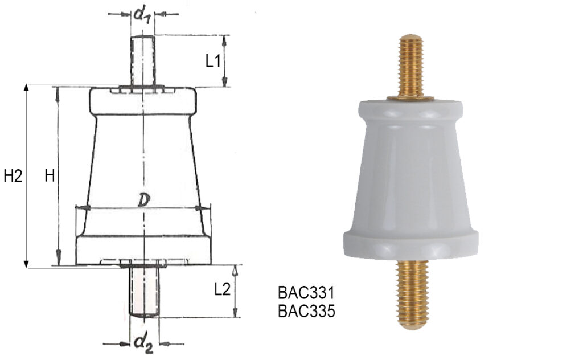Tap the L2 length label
tap(222, 289)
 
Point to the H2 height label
tap(13, 177)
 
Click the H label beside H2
tap(50, 177)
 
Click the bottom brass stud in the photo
tap(410, 291)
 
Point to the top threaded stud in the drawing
tap(142, 60)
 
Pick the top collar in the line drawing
tap(143, 101)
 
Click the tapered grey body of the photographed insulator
tap(410, 177)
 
